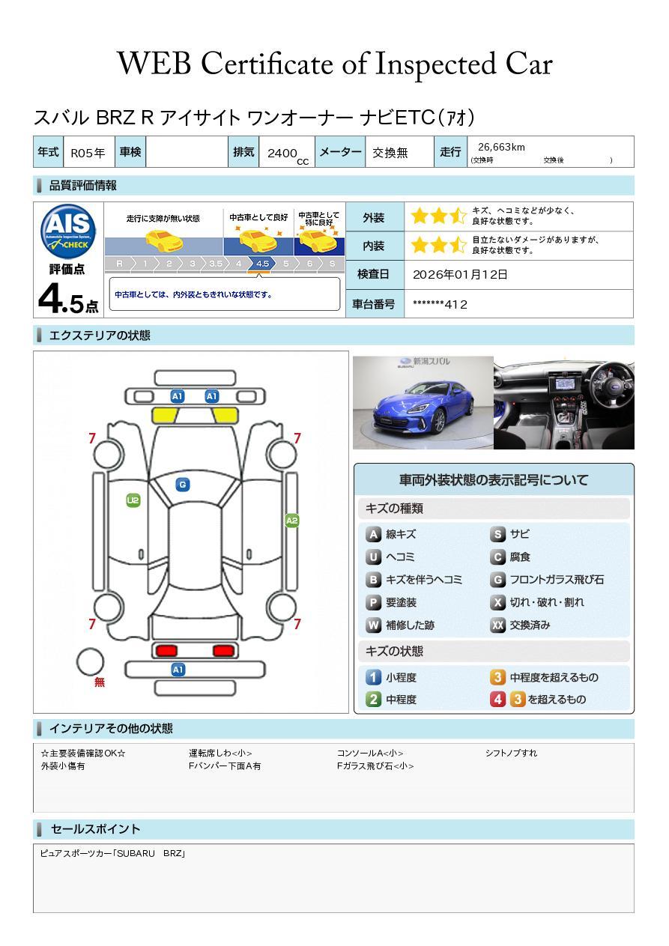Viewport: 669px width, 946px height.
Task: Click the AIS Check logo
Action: tap(68, 231)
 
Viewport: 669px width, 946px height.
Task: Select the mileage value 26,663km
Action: tap(501, 147)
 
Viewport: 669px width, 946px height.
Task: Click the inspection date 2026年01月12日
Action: tap(460, 274)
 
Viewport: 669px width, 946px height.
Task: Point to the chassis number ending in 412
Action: tap(440, 304)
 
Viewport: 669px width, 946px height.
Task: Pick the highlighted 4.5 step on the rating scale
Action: tap(262, 264)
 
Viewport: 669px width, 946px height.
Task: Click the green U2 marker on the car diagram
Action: tap(133, 500)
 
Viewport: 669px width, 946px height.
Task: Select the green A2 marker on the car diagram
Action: tap(292, 521)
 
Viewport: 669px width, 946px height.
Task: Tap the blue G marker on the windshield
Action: tap(183, 485)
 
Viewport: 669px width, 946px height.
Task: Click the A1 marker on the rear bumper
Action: tap(178, 670)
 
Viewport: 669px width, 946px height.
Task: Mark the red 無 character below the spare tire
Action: tap(99, 682)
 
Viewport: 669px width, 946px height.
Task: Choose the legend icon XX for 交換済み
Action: tap(497, 625)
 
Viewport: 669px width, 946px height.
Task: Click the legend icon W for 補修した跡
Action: tap(373, 625)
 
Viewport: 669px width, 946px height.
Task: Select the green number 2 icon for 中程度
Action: tap(373, 700)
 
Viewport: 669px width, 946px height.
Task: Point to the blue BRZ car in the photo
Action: tap(423, 408)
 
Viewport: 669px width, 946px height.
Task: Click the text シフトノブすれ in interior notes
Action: tap(511, 753)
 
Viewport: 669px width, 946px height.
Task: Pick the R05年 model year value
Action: tap(88, 153)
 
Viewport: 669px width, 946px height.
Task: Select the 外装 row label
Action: tap(373, 217)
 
